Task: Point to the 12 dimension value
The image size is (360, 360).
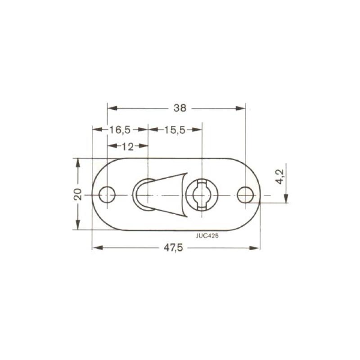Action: (x=128, y=146)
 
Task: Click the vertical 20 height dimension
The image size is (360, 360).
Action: (x=78, y=194)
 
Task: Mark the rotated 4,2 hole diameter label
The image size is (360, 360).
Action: (x=279, y=176)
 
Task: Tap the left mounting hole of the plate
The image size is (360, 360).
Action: (x=107, y=195)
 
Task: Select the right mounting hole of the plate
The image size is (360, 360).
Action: (x=245, y=195)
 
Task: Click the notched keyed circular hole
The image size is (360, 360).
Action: (x=203, y=194)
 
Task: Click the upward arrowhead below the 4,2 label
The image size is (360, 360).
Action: (x=287, y=198)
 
